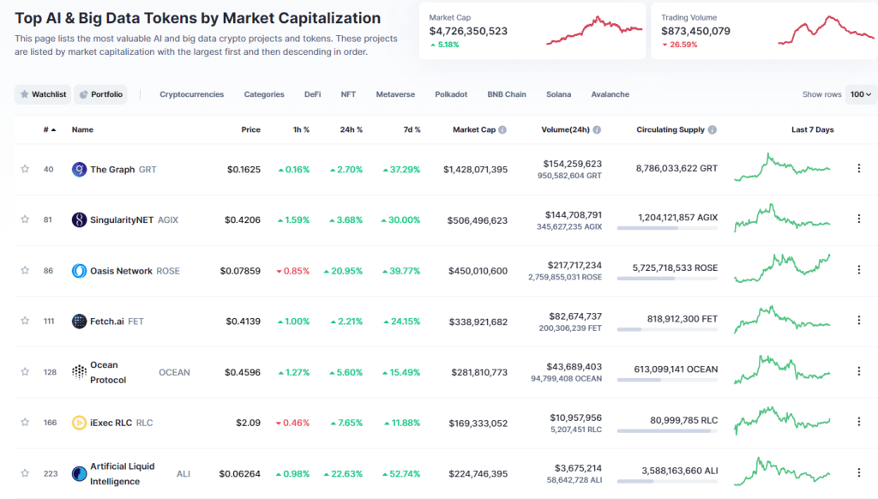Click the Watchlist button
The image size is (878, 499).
click(x=43, y=94)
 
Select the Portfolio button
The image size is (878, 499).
click(x=100, y=94)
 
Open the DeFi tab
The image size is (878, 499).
click(x=312, y=94)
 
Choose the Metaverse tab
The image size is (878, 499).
click(x=394, y=94)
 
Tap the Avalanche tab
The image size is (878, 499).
click(x=610, y=94)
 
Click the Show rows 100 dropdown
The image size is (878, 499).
click(x=860, y=94)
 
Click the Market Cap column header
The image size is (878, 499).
click(x=473, y=130)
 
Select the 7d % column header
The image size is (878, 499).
click(x=412, y=130)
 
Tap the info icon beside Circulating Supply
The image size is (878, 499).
click(x=713, y=130)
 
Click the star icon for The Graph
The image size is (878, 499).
click(x=25, y=170)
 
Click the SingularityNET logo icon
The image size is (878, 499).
click(x=79, y=220)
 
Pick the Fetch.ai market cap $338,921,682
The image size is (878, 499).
click(x=478, y=322)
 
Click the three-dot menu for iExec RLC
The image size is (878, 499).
click(x=858, y=422)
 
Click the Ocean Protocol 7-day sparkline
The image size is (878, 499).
click(x=782, y=371)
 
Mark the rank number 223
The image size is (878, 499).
click(x=49, y=473)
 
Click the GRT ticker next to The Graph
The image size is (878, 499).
click(x=147, y=170)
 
